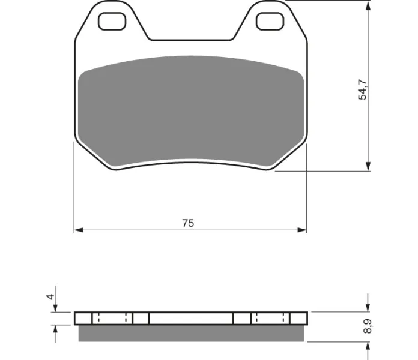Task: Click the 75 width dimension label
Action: pos(188,223)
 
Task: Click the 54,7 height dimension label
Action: pos(363,89)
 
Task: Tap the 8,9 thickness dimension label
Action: pos(368,326)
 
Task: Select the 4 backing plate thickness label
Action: pos(50,296)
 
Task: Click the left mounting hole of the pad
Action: pos(112,22)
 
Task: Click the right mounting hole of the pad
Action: pos(270,22)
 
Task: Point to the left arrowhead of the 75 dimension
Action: pos(79,230)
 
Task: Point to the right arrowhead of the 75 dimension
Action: pos(302,230)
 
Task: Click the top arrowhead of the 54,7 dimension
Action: pos(368,5)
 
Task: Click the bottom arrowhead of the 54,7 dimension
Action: pos(368,166)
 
